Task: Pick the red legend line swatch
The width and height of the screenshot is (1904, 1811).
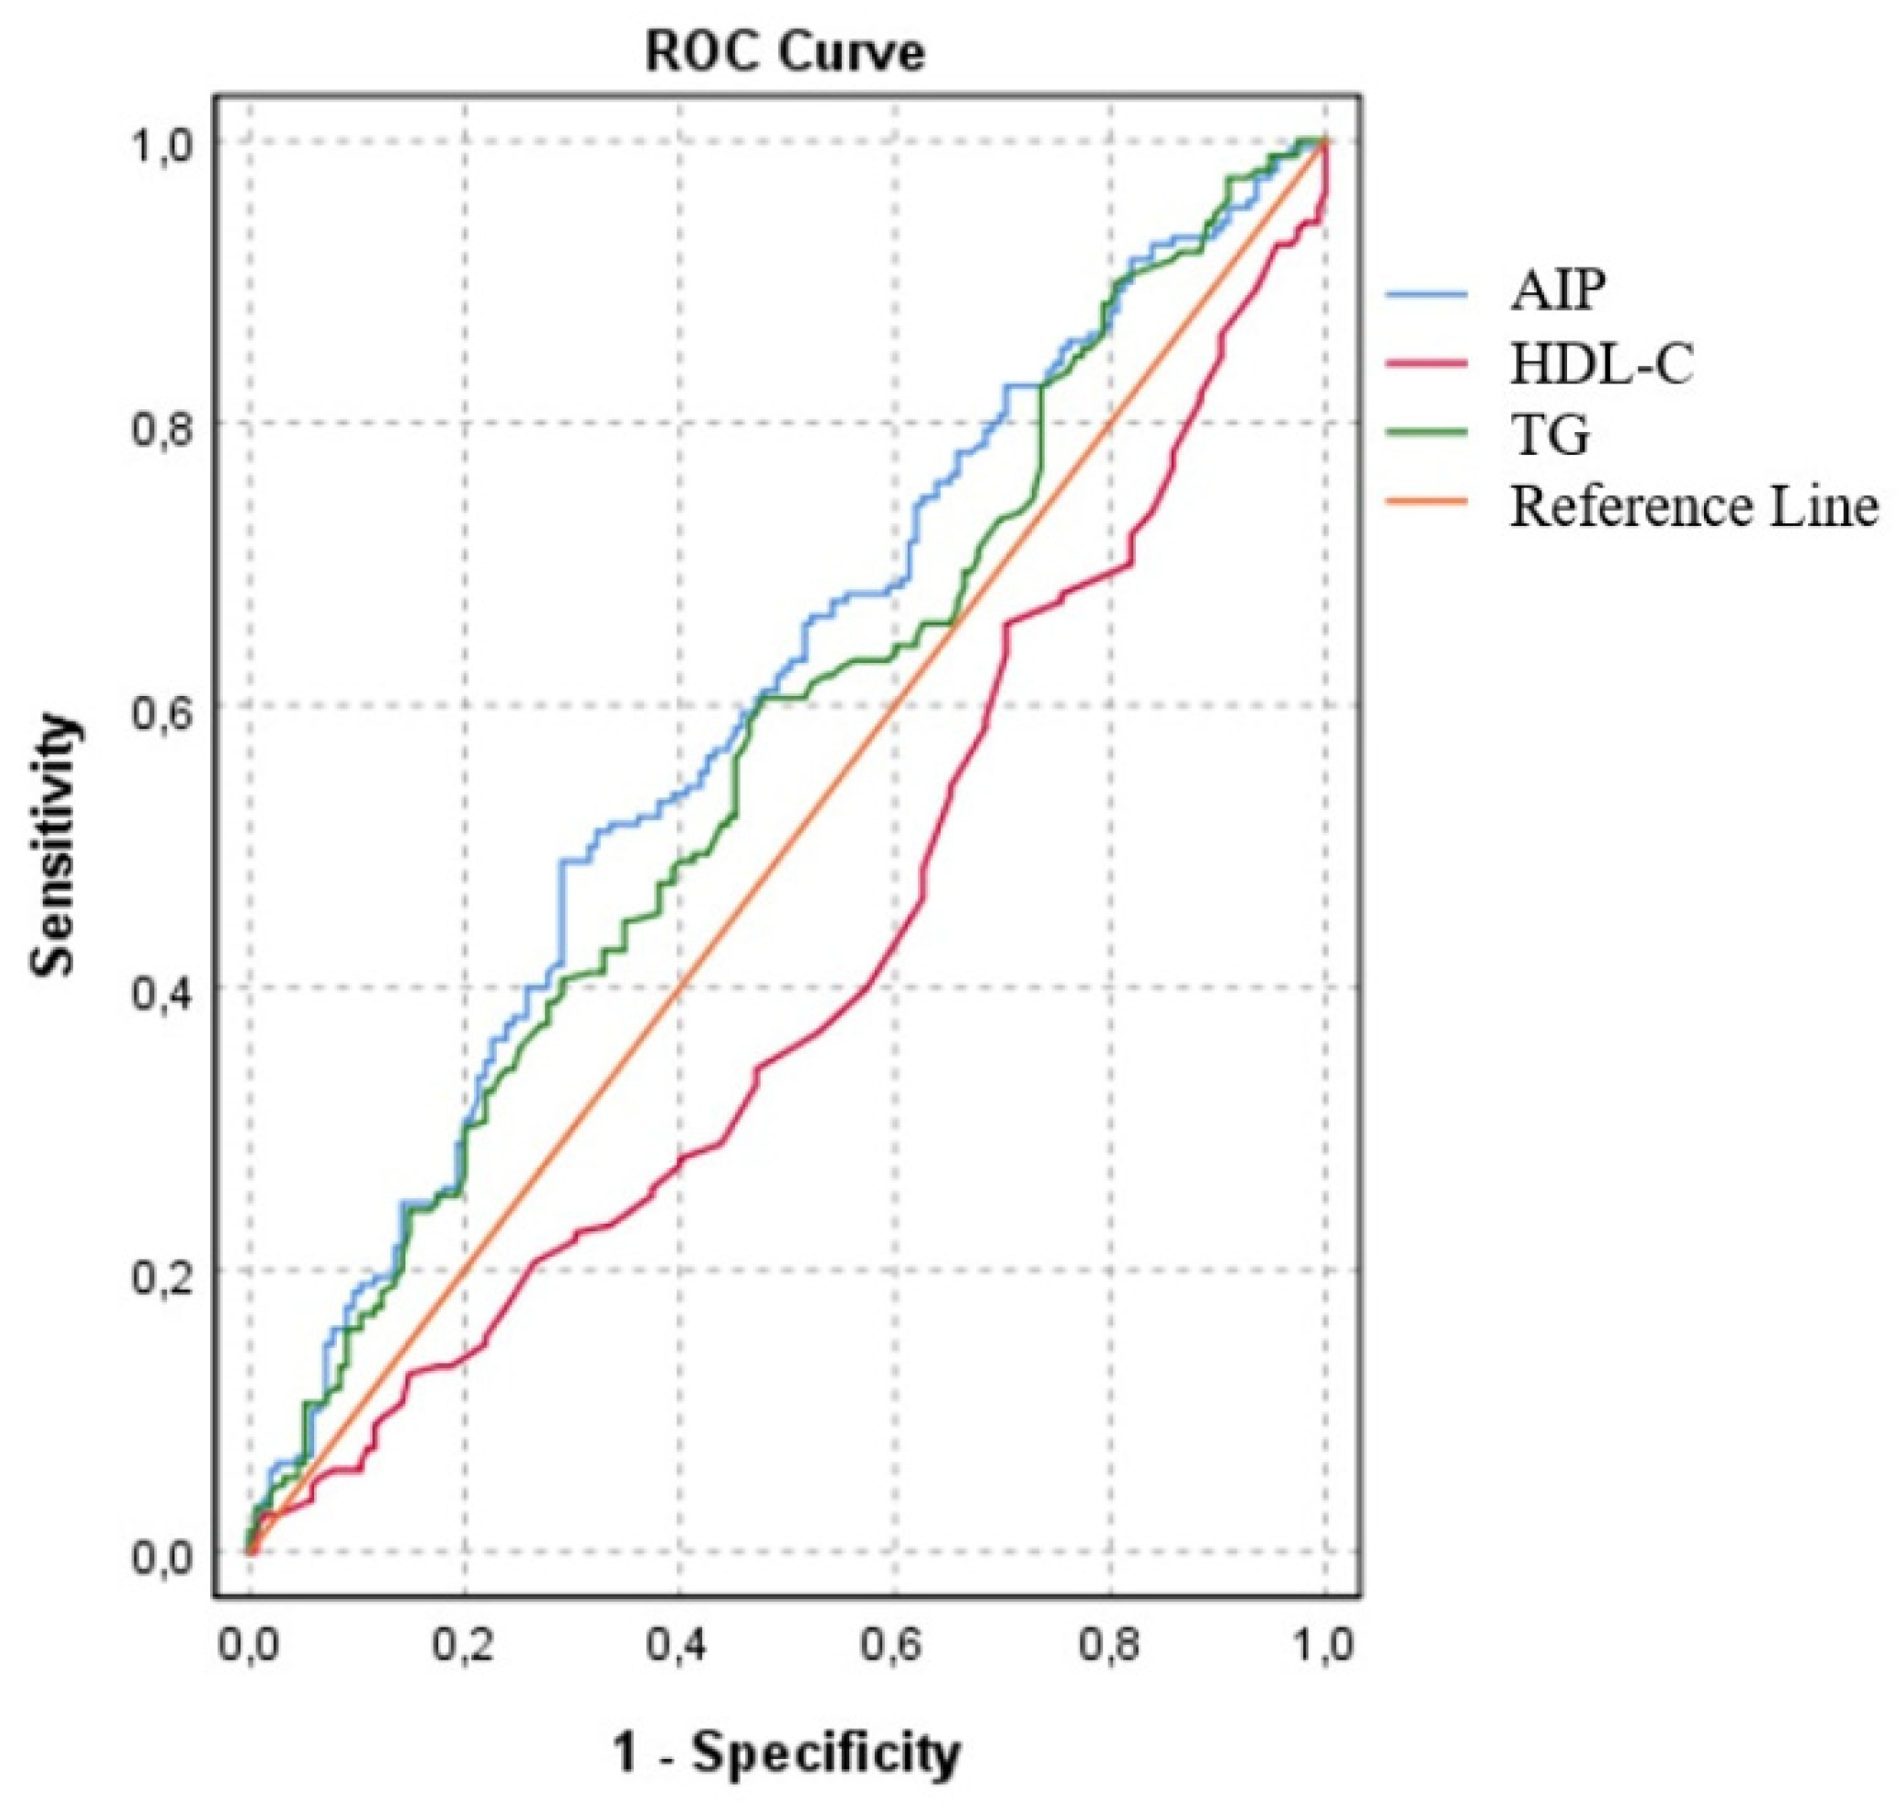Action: (x=1427, y=364)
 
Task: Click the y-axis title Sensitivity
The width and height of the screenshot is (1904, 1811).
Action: (x=54, y=846)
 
